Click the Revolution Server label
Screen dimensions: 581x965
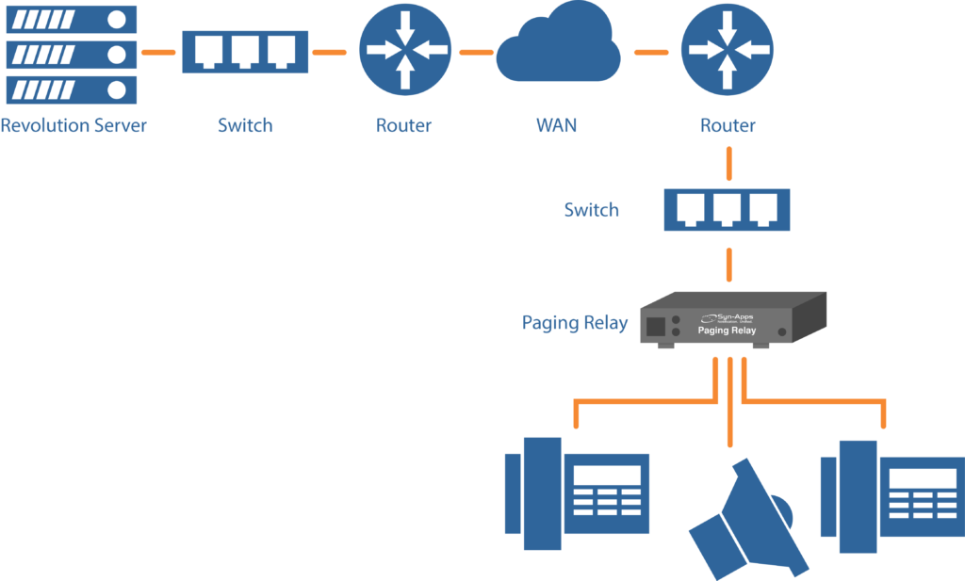(x=74, y=125)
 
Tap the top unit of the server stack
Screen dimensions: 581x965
(x=72, y=19)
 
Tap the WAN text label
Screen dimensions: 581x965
(x=557, y=125)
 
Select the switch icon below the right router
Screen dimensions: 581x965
(x=727, y=209)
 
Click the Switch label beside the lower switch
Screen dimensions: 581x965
(x=591, y=209)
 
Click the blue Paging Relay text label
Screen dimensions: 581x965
(x=575, y=323)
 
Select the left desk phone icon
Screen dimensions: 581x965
(x=578, y=494)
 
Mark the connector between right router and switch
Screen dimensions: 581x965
(x=728, y=162)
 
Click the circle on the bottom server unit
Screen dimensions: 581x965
(x=116, y=89)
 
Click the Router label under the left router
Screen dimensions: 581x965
(x=404, y=125)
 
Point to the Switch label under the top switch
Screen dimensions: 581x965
(x=245, y=125)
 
